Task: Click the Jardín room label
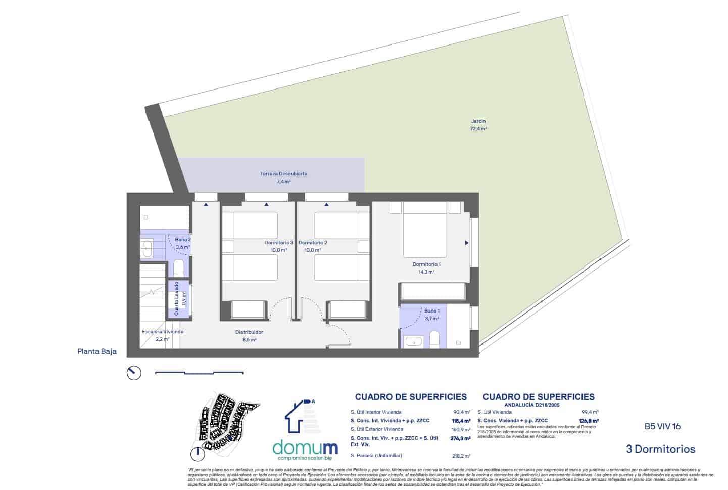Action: coord(478,121)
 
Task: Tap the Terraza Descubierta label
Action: coord(283,174)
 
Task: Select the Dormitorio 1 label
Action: coord(426,264)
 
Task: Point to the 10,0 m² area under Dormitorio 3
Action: coord(278,250)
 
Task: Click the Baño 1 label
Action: coord(431,311)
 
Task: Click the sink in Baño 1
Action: coord(414,341)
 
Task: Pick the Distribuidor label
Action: coord(249,332)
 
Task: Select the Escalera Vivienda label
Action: coord(162,332)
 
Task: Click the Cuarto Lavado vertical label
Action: coord(177,299)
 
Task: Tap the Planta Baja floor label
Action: coord(97,351)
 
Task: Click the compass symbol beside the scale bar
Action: coord(134,373)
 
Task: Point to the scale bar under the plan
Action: coord(199,373)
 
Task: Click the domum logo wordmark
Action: coord(305,448)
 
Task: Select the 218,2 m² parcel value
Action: coord(461,456)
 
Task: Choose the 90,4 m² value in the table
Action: coord(461,412)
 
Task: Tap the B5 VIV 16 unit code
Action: coord(662,426)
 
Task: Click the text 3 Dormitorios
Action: coord(660,449)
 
